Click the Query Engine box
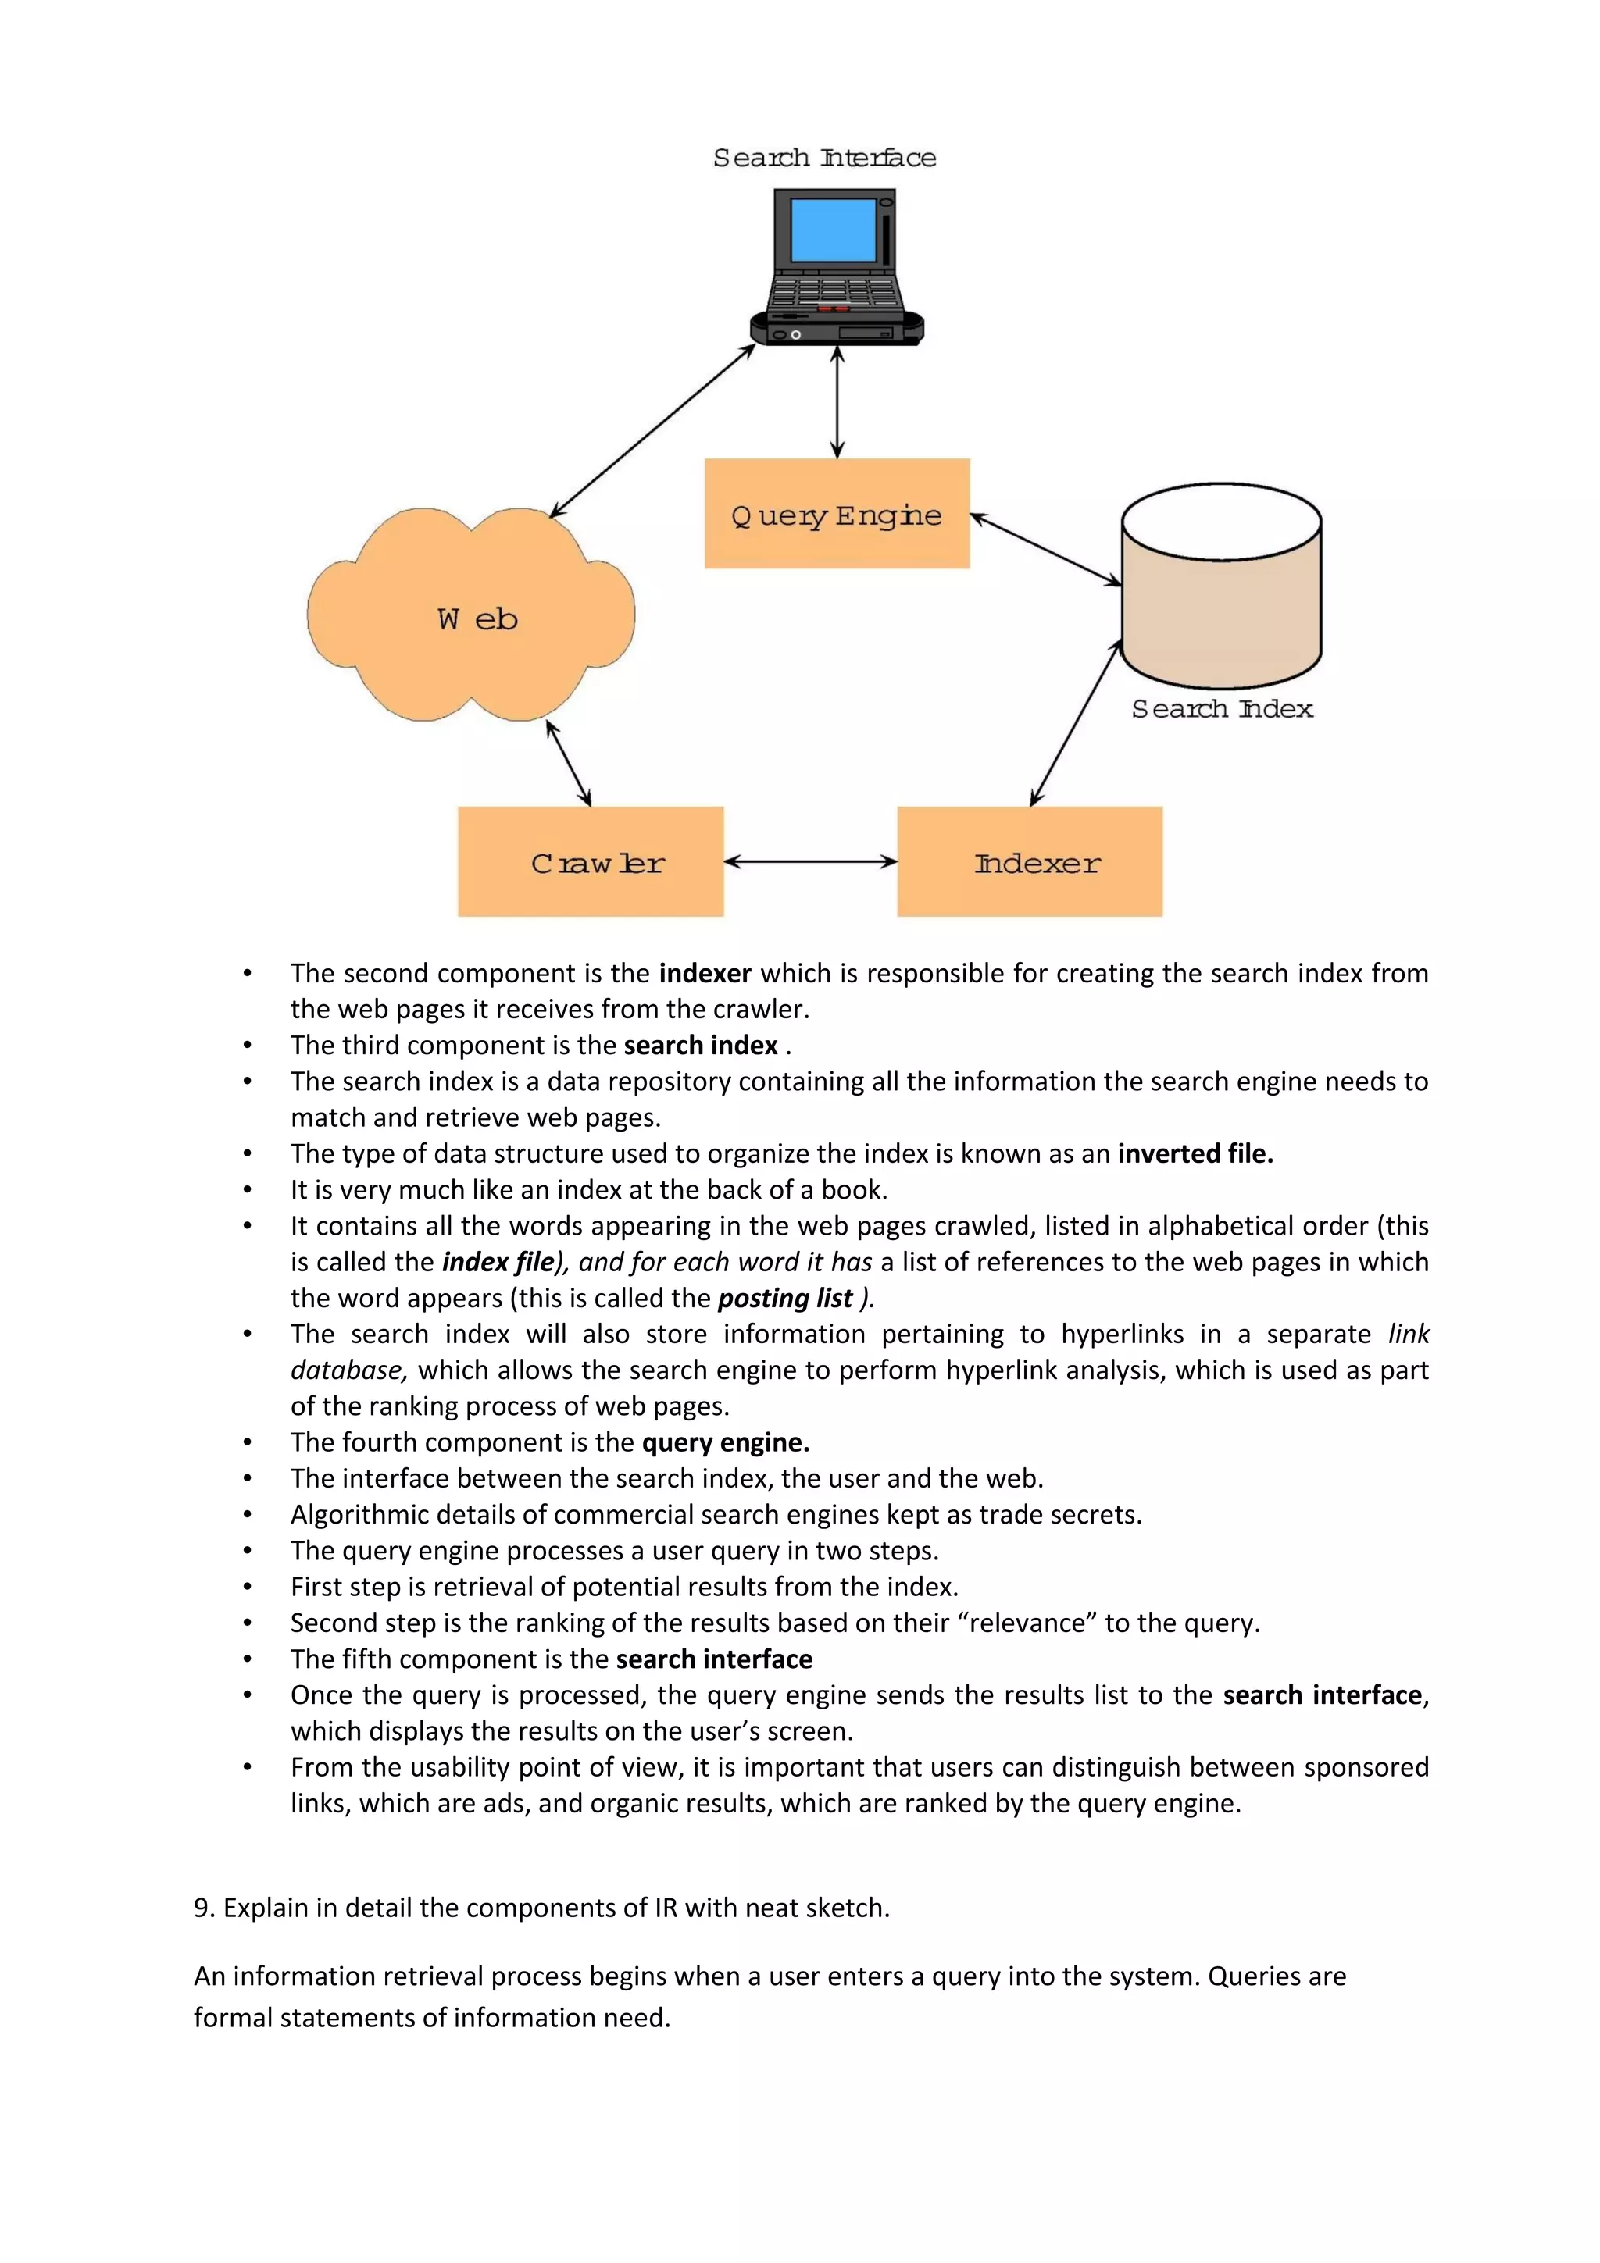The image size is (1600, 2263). coord(837,514)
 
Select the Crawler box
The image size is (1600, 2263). coord(591,861)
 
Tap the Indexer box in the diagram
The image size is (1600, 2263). coord(1029,861)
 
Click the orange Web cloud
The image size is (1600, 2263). coord(471,616)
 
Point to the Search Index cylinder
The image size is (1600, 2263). coord(1221,591)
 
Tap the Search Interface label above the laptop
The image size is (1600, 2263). coord(824,158)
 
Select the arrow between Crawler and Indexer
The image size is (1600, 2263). coord(810,861)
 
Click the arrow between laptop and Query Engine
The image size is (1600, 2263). coord(837,402)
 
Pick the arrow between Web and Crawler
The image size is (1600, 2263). coord(569,764)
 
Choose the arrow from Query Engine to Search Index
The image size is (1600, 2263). coord(1046,550)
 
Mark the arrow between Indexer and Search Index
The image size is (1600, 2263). coord(1076,722)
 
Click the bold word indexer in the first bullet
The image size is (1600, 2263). coord(705,974)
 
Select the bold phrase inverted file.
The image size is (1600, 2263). coord(1195,1153)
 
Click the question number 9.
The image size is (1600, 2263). coord(202,1908)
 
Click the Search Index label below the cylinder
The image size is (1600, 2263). coord(1221,709)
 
